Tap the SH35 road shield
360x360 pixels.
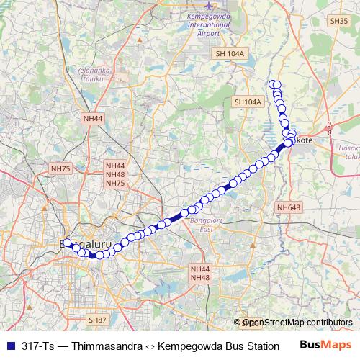[338, 21]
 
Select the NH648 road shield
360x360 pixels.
[288, 207]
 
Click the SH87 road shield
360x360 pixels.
[97, 319]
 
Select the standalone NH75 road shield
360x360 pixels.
[60, 168]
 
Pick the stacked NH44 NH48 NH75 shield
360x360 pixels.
[115, 174]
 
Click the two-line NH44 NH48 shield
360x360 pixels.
[200, 273]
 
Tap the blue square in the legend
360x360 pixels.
[9, 345]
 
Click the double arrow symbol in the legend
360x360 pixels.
[148, 345]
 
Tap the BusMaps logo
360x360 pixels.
[325, 344]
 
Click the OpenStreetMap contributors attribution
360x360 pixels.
[297, 323]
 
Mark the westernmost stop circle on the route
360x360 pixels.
[67, 243]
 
